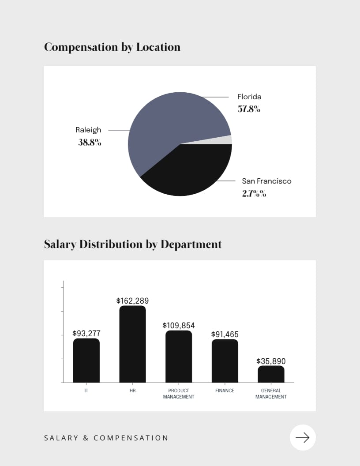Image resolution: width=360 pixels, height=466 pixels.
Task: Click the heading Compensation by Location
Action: [112, 47]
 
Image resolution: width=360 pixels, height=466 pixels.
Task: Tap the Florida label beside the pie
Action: [249, 97]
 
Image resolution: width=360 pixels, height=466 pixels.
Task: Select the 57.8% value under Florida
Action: [249, 109]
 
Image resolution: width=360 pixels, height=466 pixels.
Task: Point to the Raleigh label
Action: [88, 130]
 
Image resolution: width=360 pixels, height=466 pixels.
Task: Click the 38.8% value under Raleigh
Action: [90, 143]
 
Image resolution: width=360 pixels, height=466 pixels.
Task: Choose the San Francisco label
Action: [266, 181]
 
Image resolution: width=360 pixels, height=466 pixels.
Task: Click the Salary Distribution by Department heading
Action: [133, 244]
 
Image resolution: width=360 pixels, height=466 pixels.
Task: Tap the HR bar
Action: [132, 344]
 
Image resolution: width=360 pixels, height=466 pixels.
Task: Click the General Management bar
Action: [271, 374]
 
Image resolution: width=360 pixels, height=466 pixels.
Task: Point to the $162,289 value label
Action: [132, 301]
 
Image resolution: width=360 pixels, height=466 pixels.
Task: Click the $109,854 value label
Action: [179, 325]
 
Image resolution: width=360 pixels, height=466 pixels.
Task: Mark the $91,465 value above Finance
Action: [225, 334]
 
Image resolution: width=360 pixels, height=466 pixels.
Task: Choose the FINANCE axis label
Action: [225, 391]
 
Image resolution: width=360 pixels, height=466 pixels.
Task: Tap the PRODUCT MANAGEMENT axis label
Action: [179, 394]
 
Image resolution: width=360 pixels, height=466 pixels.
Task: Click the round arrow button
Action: [303, 437]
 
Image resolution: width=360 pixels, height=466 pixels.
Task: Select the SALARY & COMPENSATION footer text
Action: [106, 438]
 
